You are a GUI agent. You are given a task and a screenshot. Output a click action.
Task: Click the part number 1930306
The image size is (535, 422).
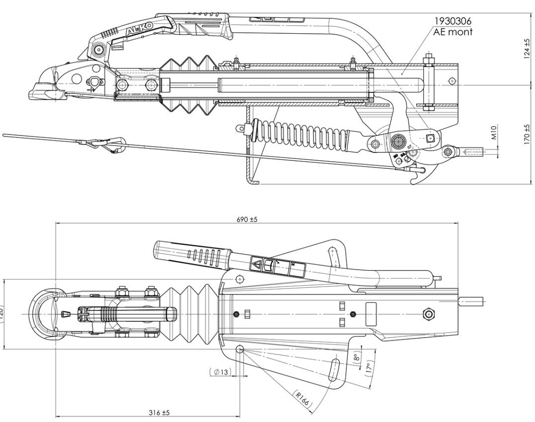coord(454,21)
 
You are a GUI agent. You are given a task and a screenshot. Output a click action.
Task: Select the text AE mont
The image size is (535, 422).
coord(453,32)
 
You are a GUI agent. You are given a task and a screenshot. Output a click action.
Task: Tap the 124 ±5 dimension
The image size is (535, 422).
coord(528,48)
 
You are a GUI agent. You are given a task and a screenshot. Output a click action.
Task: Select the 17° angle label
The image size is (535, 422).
coord(369,368)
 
